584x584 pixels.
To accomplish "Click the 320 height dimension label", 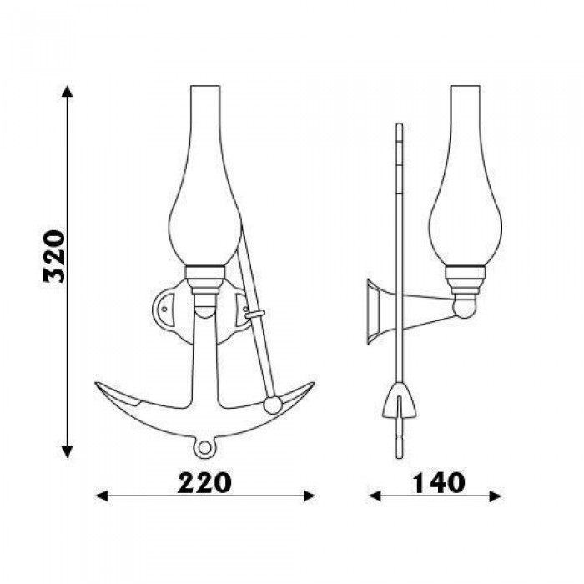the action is click(x=54, y=256).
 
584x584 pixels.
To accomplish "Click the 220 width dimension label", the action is click(x=204, y=483).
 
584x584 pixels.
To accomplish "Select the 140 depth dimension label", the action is click(x=438, y=483).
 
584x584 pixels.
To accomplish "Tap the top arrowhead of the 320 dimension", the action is click(x=67, y=91).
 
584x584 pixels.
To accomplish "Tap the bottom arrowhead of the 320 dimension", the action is click(x=67, y=452).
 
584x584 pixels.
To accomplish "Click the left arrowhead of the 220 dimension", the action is click(x=101, y=496).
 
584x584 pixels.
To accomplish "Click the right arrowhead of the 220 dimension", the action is click(x=310, y=496).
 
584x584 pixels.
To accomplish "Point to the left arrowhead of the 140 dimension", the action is click(x=375, y=496).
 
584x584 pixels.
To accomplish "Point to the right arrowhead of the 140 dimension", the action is click(x=496, y=496).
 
